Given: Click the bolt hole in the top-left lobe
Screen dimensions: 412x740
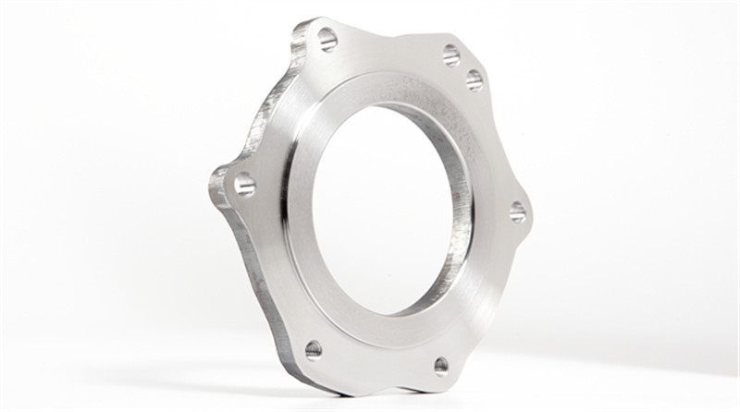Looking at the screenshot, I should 327,39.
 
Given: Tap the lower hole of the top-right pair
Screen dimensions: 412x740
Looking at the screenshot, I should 475,79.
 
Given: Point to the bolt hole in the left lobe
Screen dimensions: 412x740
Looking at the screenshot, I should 244,184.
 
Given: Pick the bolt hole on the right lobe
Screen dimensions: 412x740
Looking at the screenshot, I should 517,212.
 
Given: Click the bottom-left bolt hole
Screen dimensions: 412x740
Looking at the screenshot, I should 314,349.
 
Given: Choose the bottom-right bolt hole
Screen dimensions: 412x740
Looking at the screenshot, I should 441,365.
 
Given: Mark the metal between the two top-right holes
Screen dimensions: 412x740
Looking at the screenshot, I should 463,67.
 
